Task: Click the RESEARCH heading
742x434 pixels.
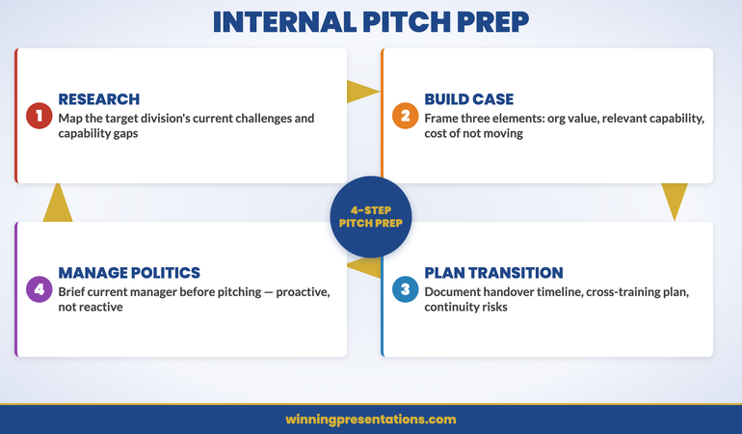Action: tap(98, 99)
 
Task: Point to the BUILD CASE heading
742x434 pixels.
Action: tap(468, 99)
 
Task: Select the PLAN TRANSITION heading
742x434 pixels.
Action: tap(493, 273)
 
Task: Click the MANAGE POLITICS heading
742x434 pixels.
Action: tap(128, 273)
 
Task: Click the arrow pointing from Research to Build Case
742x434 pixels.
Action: tap(362, 92)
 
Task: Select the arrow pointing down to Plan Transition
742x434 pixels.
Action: tap(675, 202)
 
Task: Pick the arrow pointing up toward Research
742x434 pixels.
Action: tap(59, 202)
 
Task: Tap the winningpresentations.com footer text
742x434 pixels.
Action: tap(370, 420)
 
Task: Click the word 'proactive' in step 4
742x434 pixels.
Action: tap(300, 291)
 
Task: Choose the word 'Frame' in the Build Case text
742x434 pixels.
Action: tap(443, 118)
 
